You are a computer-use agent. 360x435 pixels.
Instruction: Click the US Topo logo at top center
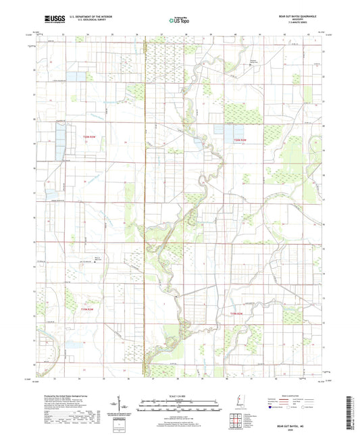tap(179, 20)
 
